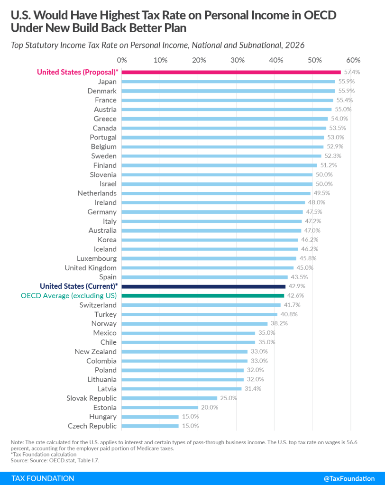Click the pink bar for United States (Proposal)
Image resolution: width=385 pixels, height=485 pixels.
(231, 72)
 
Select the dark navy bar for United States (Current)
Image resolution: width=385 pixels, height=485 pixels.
(203, 286)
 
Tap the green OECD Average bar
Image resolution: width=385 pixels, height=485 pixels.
(203, 295)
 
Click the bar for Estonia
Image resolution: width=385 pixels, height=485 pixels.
(160, 407)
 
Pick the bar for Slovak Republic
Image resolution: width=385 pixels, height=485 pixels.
(169, 398)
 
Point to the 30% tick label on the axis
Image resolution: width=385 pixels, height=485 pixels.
(238, 60)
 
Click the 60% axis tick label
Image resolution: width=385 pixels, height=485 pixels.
(353, 60)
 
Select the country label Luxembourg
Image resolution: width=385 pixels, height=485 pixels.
(96, 258)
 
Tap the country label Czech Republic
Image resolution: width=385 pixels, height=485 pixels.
(92, 426)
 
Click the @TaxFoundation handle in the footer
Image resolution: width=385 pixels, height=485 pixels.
(348, 478)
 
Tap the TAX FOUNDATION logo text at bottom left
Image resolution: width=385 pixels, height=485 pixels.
(43, 478)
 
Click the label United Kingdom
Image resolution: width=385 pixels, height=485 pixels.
(90, 267)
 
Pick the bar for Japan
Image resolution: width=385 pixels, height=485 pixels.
(228, 82)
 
